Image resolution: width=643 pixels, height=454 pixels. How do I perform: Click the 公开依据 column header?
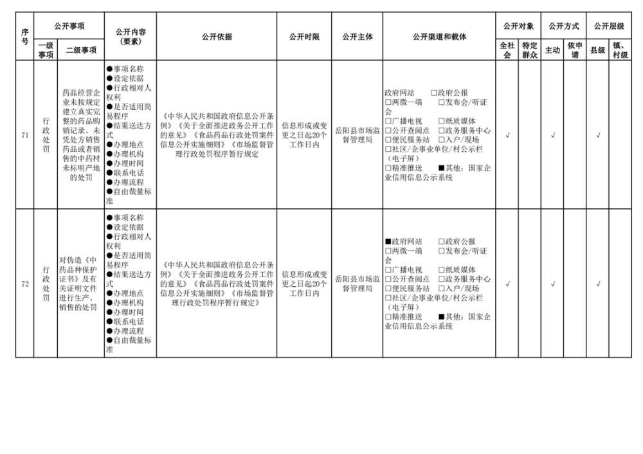tap(217, 37)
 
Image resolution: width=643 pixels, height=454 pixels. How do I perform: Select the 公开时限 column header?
tap(305, 37)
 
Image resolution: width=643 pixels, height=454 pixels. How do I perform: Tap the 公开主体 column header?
tap(358, 37)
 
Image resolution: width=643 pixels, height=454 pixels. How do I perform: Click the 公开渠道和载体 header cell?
tap(439, 37)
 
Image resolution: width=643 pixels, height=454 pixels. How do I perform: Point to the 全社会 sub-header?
tap(507, 50)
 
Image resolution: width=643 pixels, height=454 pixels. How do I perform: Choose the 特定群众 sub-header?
tap(530, 50)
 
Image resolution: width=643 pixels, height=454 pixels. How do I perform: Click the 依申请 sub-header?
tap(575, 50)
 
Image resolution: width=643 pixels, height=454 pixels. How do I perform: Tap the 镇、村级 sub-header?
tap(620, 50)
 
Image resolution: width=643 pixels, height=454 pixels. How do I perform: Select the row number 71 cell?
tap(25, 135)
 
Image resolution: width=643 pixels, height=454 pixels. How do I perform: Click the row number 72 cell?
tap(25, 284)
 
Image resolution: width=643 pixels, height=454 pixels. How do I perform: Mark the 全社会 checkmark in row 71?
tap(507, 135)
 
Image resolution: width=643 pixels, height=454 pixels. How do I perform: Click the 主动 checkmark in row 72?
tap(552, 284)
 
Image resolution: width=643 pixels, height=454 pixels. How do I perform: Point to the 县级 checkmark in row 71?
tap(597, 135)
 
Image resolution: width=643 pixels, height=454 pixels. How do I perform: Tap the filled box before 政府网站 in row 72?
tap(388, 242)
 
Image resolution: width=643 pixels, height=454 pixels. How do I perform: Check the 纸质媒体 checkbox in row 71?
tap(442, 121)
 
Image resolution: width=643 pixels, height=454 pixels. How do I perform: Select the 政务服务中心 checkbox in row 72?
tap(442, 279)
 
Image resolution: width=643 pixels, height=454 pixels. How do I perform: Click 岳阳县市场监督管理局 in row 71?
tap(358, 135)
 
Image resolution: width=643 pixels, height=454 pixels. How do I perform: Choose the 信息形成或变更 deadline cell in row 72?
tap(305, 284)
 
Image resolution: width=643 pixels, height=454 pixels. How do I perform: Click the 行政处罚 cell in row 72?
tap(46, 284)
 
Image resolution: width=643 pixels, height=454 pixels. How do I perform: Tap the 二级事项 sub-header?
tap(81, 50)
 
